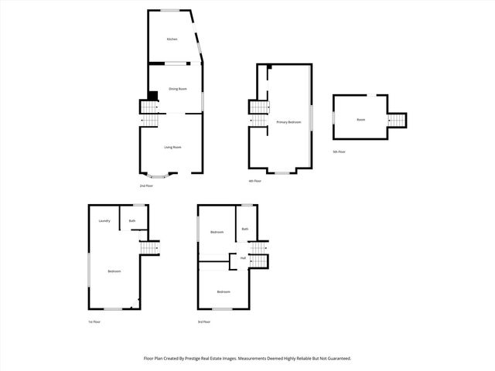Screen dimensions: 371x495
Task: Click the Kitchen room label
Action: tap(172, 39)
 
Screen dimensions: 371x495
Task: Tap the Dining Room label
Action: tap(177, 89)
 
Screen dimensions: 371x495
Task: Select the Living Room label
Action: tap(172, 147)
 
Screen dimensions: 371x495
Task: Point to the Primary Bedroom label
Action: tap(288, 122)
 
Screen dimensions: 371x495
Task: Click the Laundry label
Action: tap(104, 221)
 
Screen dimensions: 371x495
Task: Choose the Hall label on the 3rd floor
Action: tap(243, 257)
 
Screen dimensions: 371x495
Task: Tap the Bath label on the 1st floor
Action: tap(132, 221)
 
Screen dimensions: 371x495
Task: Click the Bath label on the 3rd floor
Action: tap(245, 229)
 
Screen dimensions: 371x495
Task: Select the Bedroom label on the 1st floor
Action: tap(114, 271)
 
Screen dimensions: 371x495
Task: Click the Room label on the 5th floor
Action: tap(361, 120)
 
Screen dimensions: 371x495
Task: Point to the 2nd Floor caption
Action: tap(145, 186)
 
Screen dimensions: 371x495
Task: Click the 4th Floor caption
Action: tap(254, 181)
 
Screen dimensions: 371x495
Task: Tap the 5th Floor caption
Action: tap(339, 151)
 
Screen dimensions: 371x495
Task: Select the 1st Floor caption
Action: tap(94, 321)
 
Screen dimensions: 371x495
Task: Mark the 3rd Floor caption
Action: tap(204, 321)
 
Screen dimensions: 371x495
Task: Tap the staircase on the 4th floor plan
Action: tap(258, 112)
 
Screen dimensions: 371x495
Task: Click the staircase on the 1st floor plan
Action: tap(148, 247)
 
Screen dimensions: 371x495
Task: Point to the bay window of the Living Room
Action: tap(161, 175)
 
